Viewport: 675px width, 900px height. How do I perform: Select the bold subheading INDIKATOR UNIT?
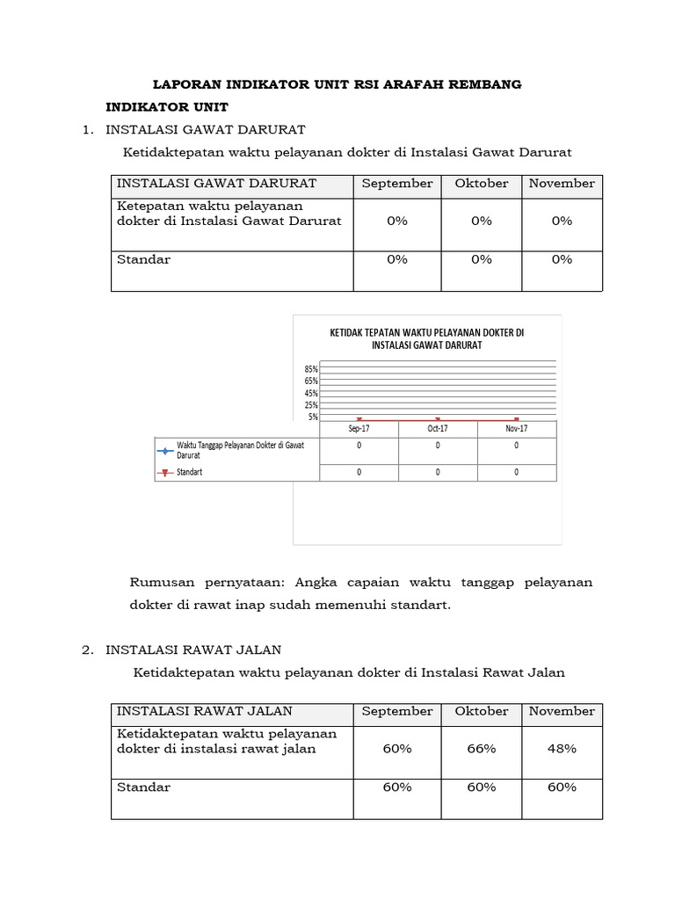click(x=167, y=107)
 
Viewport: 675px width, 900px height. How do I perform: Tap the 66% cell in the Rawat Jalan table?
click(x=482, y=749)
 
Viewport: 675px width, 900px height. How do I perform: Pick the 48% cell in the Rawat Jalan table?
click(x=562, y=749)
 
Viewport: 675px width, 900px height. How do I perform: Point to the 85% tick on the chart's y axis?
click(x=312, y=369)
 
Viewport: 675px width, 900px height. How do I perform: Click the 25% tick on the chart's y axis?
click(x=312, y=405)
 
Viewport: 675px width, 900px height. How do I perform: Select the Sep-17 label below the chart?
click(x=359, y=428)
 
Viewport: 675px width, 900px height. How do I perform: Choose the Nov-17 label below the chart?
click(x=516, y=428)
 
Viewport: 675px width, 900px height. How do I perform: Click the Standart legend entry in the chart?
click(x=190, y=472)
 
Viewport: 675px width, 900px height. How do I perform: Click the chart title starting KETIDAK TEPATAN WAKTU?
click(x=426, y=338)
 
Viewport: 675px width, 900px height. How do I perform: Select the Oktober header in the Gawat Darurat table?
click(x=482, y=184)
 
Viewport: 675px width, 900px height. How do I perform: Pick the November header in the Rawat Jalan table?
click(x=562, y=711)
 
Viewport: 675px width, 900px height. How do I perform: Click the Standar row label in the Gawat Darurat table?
click(x=144, y=259)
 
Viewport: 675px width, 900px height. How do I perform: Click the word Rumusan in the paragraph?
click(x=161, y=582)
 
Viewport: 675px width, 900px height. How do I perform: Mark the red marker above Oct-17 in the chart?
click(x=438, y=419)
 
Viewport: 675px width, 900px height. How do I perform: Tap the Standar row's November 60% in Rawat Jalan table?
click(x=562, y=787)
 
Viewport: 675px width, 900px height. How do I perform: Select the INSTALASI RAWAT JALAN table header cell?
click(x=205, y=711)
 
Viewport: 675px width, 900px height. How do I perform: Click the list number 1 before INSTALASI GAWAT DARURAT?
click(x=86, y=130)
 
